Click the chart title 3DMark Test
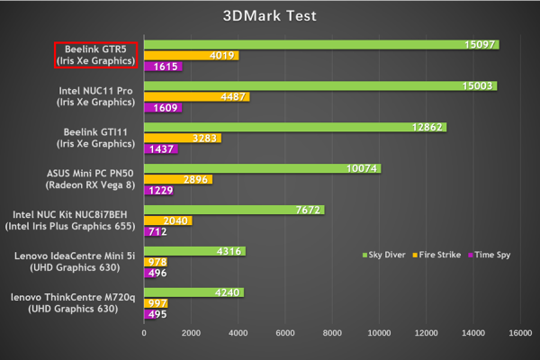(270, 15)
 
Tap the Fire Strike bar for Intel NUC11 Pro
(196, 97)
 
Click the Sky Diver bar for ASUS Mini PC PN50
(262, 168)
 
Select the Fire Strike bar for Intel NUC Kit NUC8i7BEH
(167, 220)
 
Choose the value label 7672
(307, 210)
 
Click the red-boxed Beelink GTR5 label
(95, 54)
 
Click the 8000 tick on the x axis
(331, 332)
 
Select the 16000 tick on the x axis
(518, 332)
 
